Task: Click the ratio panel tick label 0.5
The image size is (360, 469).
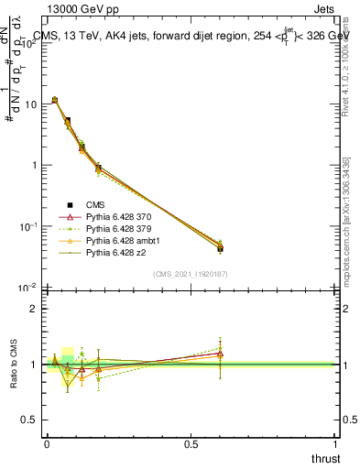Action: [29, 420]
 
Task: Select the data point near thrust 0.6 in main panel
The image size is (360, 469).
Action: [220, 248]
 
